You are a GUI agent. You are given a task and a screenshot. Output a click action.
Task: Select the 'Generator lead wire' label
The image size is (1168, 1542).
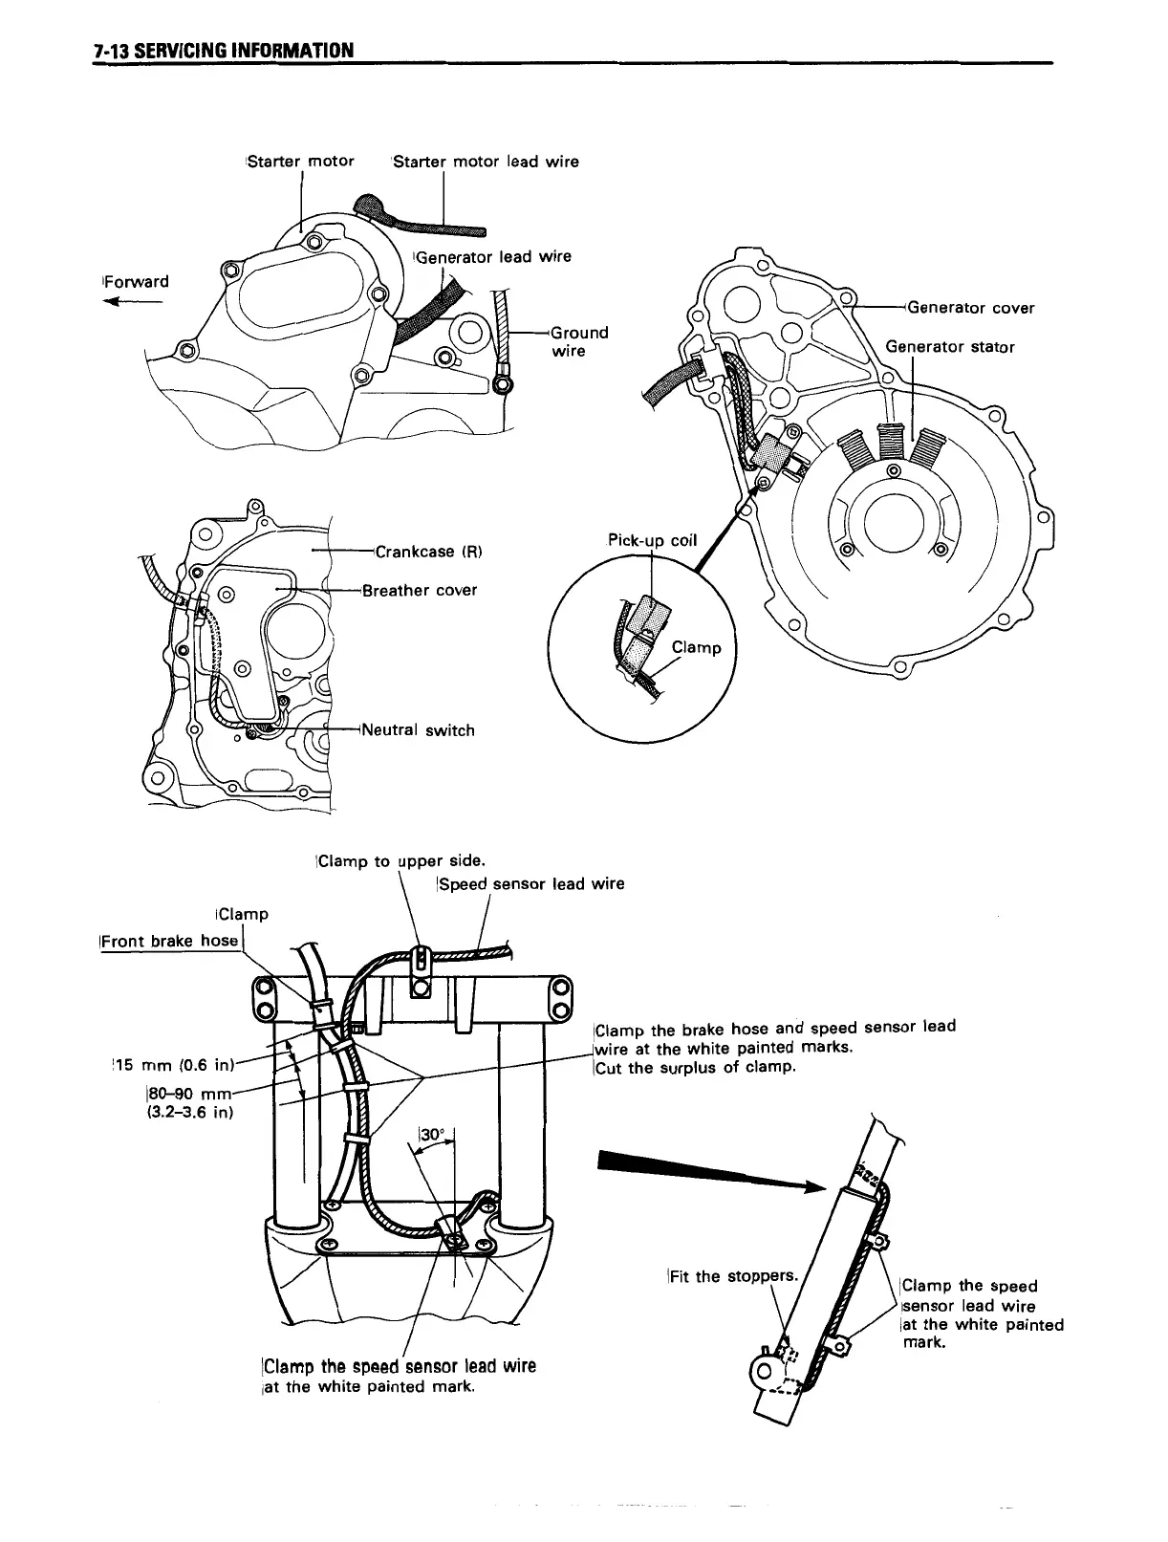(x=493, y=256)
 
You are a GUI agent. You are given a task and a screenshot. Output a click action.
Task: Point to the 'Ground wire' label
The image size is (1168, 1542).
(x=579, y=341)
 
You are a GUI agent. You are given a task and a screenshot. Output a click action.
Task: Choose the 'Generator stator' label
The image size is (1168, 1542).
(x=950, y=346)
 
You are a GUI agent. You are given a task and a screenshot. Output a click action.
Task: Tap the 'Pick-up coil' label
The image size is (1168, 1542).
(x=653, y=540)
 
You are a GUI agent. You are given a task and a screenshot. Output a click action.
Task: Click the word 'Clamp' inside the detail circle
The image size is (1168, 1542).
(x=696, y=647)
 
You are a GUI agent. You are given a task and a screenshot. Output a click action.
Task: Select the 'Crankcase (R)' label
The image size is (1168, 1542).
(x=429, y=552)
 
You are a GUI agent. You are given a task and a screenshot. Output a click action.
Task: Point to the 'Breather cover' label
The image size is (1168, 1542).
(x=420, y=590)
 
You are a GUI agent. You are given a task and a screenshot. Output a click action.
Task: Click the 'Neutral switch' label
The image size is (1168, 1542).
(x=417, y=730)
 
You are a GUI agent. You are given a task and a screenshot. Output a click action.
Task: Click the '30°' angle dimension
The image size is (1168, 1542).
(x=434, y=1135)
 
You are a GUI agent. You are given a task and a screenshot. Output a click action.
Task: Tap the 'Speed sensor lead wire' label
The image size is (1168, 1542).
(x=531, y=883)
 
